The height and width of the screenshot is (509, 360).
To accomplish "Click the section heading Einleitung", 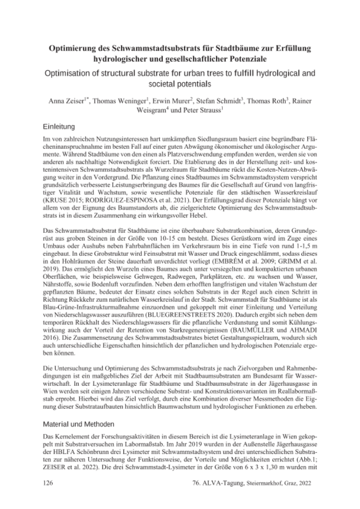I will pyautogui.click(x=60, y=126).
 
